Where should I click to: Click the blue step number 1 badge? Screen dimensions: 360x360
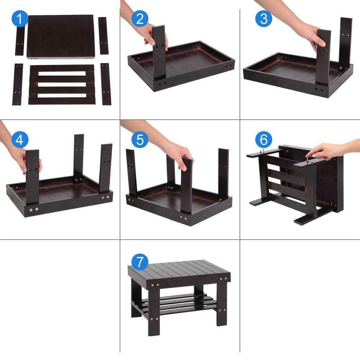pos(19,19)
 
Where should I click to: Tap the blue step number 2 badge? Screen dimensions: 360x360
pos(139,19)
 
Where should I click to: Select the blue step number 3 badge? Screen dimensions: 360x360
pos(264,19)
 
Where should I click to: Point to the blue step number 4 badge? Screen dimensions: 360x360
pos(19,139)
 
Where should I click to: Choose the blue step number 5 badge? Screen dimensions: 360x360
pos(139,139)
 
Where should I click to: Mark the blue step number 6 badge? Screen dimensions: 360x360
pos(264,139)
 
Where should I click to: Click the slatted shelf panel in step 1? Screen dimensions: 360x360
pos(62,85)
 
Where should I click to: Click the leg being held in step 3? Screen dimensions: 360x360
pos(323,58)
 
